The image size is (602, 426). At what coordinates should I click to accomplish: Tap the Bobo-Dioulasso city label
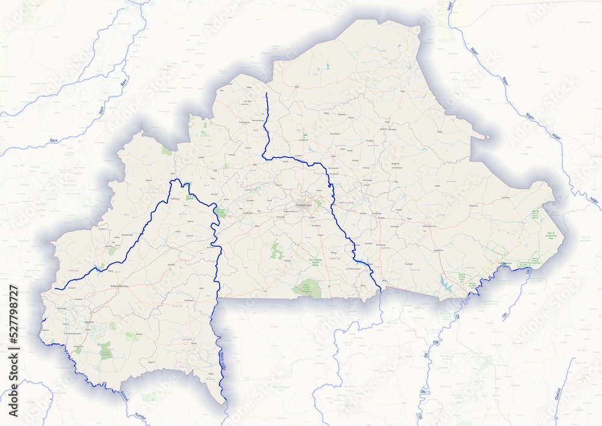click(x=121, y=286)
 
